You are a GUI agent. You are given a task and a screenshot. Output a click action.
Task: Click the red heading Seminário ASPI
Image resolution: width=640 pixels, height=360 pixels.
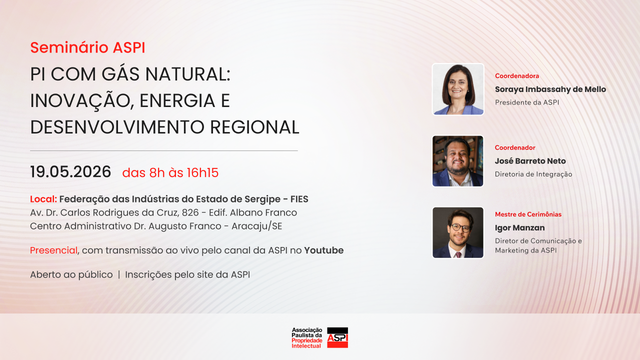pyautogui.click(x=87, y=47)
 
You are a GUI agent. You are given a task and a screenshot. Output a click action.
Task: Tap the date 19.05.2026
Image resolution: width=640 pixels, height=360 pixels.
pyautogui.click(x=70, y=172)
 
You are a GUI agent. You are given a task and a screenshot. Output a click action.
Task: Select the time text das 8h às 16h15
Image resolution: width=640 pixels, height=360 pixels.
pyautogui.click(x=170, y=173)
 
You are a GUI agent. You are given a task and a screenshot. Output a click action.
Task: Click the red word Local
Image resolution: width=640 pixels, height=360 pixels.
pyautogui.click(x=42, y=199)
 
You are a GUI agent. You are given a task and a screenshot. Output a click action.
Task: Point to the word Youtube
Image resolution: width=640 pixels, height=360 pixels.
pyautogui.click(x=323, y=250)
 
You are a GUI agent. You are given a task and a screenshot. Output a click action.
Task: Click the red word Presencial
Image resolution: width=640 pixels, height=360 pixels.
pyautogui.click(x=53, y=250)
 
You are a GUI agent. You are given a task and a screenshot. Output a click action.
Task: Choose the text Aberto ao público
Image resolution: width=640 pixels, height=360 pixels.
pyautogui.click(x=71, y=274)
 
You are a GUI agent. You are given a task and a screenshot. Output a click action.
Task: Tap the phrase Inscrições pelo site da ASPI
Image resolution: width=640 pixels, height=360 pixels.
pyautogui.click(x=187, y=274)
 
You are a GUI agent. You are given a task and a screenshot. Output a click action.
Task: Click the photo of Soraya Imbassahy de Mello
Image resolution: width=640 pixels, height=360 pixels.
pyautogui.click(x=458, y=89)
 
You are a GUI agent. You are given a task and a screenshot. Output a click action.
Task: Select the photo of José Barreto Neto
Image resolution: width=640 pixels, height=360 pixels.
pyautogui.click(x=458, y=161)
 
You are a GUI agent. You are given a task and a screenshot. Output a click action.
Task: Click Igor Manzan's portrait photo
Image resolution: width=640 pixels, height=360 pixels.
pyautogui.click(x=458, y=232)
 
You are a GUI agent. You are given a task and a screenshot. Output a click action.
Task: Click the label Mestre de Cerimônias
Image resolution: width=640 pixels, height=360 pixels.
pyautogui.click(x=528, y=214)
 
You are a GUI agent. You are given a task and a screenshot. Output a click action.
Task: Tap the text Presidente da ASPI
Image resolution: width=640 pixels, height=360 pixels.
pyautogui.click(x=526, y=102)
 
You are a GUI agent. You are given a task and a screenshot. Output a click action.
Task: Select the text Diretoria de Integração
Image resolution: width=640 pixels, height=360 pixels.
pyautogui.click(x=533, y=174)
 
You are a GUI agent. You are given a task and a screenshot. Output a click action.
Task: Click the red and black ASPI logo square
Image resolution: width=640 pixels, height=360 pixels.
pyautogui.click(x=337, y=337)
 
